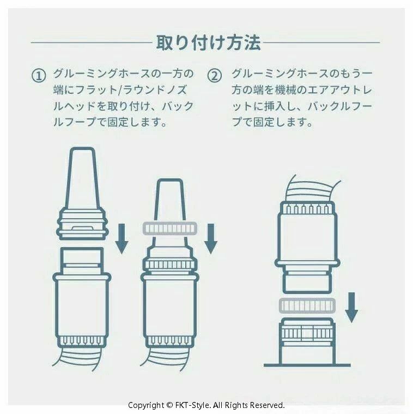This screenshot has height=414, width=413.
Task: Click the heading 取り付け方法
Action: point(208,42)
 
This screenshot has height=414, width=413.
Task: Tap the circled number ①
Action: point(39,76)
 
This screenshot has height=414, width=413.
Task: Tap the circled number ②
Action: point(215,76)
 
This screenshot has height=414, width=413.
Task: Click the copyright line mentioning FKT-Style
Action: point(206,405)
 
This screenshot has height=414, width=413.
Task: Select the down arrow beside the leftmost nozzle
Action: point(122,239)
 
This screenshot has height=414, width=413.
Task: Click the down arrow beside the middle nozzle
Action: point(211,239)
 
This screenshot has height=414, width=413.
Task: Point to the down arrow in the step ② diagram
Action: point(351,307)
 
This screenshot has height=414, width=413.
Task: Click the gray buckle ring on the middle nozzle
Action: point(170,229)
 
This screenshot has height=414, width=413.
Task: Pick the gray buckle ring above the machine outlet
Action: point(307,306)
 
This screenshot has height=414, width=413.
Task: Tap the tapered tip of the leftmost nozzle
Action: point(82,177)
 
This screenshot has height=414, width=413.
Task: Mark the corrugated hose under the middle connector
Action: point(165,358)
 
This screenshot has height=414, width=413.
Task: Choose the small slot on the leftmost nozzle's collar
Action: point(82,228)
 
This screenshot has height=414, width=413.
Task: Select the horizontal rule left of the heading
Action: point(92,42)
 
